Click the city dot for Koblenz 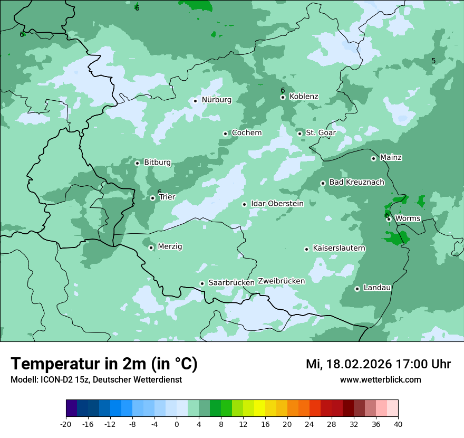pyautogui.click(x=283, y=97)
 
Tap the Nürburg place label pyautogui.click(x=216, y=100)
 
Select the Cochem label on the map pyautogui.click(x=246, y=133)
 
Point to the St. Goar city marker pyautogui.click(x=299, y=134)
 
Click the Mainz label pyautogui.click(x=391, y=158)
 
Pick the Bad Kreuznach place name pyautogui.click(x=356, y=183)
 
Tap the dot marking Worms pyautogui.click(x=389, y=219)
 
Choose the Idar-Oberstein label pyautogui.click(x=277, y=204)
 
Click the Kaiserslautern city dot pyautogui.click(x=306, y=249)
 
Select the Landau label pyautogui.click(x=377, y=288)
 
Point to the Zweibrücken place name pyautogui.click(x=281, y=281)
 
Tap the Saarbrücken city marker pyautogui.click(x=202, y=283)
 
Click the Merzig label pyautogui.click(x=170, y=247)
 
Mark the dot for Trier pyautogui.click(x=152, y=198)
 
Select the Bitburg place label pyautogui.click(x=157, y=163)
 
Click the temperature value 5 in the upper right pyautogui.click(x=433, y=61)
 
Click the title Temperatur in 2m pyautogui.click(x=104, y=364)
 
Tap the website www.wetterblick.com pyautogui.click(x=380, y=380)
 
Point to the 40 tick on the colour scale pyautogui.click(x=398, y=424)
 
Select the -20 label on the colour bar pyautogui.click(x=66, y=424)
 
